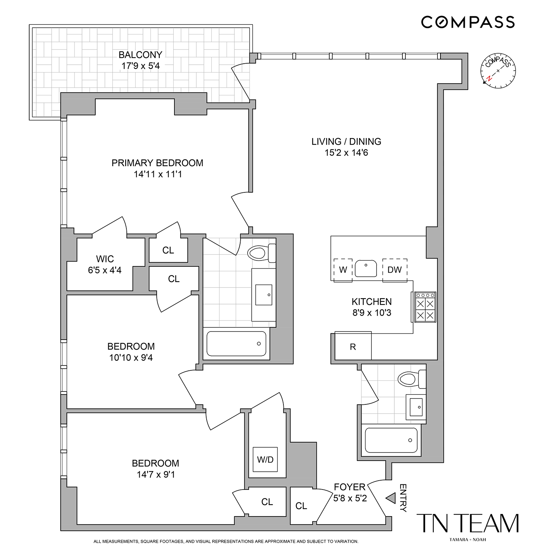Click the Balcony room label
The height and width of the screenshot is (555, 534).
(x=140, y=55)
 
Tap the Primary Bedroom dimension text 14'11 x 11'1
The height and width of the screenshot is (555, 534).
(x=158, y=174)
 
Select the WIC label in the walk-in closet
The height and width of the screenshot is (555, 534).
(x=105, y=259)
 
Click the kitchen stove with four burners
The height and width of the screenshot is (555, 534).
(x=425, y=307)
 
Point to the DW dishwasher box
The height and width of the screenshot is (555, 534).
(x=395, y=270)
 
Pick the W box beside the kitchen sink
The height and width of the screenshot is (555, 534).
(x=343, y=270)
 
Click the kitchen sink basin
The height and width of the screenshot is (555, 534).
(x=366, y=269)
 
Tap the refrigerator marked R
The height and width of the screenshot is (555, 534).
(x=353, y=346)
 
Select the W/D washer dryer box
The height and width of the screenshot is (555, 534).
(x=265, y=460)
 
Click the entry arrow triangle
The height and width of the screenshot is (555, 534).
(x=391, y=498)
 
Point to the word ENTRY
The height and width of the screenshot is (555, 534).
(x=403, y=498)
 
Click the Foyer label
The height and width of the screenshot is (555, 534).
(x=350, y=487)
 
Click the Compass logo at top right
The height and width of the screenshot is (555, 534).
(x=468, y=22)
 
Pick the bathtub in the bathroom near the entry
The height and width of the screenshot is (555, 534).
(x=391, y=440)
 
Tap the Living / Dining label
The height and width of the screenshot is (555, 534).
(x=346, y=142)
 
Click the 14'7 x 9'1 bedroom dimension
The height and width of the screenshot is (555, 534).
(x=156, y=474)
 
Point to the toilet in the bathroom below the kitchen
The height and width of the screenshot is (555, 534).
(x=412, y=379)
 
